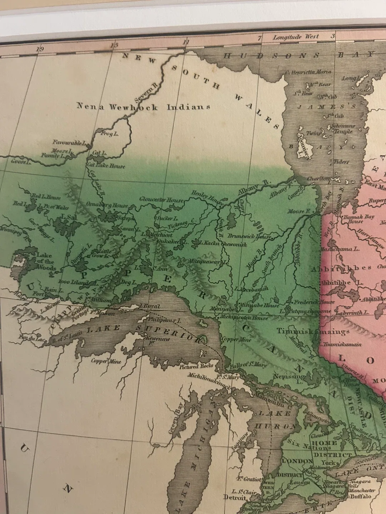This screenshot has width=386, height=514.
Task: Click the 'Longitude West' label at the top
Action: pyautogui.click(x=296, y=37)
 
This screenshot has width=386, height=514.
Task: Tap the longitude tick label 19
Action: pyautogui.click(x=40, y=49)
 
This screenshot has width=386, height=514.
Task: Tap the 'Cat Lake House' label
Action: pyautogui.click(x=107, y=166)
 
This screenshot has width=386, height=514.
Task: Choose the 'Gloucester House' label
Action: pyautogui.click(x=162, y=199)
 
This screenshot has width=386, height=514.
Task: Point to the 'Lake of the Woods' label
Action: pyautogui.click(x=46, y=262)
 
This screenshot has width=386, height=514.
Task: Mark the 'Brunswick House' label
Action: pyautogui.click(x=251, y=236)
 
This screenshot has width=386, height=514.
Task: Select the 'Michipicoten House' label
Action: pyautogui.click(x=244, y=317)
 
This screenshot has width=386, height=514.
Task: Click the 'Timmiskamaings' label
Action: pyautogui.click(x=313, y=332)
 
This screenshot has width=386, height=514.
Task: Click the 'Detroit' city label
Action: pyautogui.click(x=235, y=497)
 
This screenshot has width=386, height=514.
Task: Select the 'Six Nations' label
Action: pyautogui.click(x=310, y=444)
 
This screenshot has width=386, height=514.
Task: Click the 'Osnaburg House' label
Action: pyautogui.click(x=107, y=205)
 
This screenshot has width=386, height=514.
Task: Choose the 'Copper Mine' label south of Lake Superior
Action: pyautogui.click(x=106, y=361)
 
